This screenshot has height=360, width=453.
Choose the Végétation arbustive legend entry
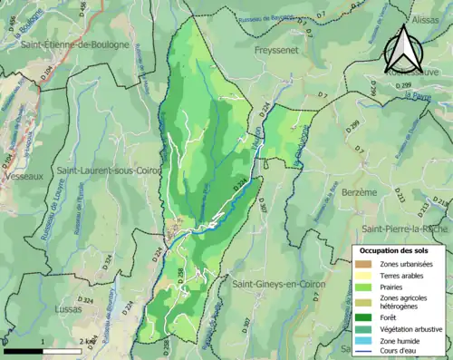click(x=410, y=328)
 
